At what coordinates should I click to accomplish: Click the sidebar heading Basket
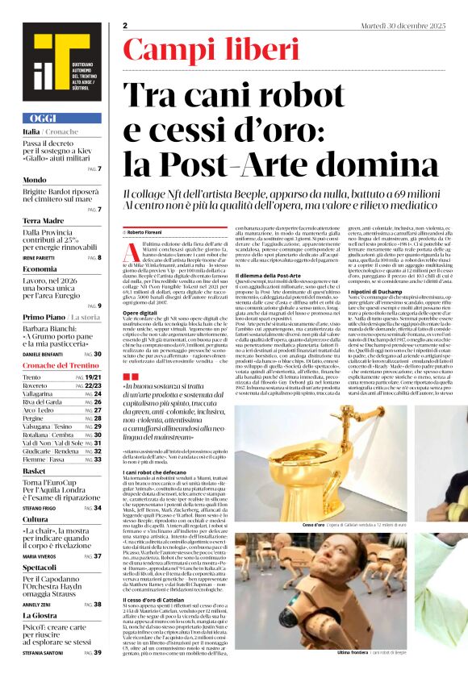click(34, 470)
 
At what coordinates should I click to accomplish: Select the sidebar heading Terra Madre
click(43, 220)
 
